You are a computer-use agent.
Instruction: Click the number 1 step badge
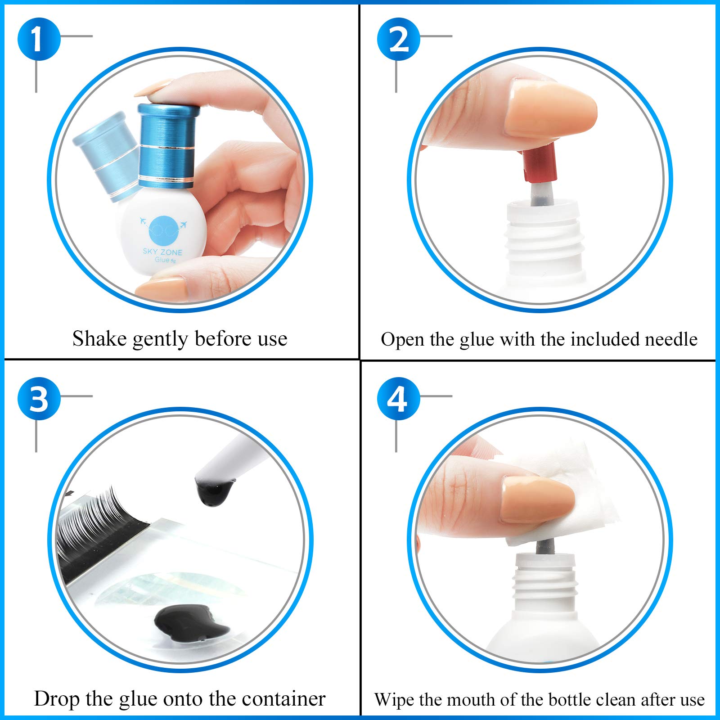click(39, 39)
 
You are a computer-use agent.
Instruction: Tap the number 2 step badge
click(399, 39)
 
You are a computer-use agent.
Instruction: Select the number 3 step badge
click(39, 399)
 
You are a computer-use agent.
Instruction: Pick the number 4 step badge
click(399, 399)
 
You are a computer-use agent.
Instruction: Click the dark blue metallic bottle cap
click(168, 145)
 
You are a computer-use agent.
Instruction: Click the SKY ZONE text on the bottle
click(162, 252)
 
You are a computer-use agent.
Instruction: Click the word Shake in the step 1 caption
click(99, 339)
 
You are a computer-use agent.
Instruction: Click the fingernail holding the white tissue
click(538, 500)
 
